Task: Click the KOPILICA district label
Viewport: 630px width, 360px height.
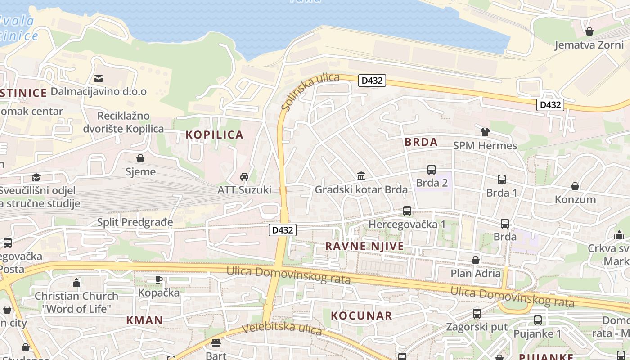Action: (x=215, y=135)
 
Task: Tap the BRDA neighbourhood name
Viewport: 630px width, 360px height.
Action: (x=421, y=142)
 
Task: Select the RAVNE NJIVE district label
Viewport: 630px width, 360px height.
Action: (x=364, y=246)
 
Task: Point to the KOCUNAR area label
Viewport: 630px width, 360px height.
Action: (x=362, y=315)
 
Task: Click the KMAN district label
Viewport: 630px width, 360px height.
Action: (x=144, y=320)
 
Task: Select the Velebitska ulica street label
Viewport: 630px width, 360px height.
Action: (x=282, y=328)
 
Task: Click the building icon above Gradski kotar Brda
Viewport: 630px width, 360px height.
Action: (x=361, y=176)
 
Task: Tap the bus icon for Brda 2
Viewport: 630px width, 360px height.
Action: (x=432, y=170)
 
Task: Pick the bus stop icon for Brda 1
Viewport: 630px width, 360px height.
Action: (x=502, y=180)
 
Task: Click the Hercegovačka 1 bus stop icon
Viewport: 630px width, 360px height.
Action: (x=407, y=211)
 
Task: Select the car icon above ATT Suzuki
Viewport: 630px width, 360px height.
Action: (x=244, y=176)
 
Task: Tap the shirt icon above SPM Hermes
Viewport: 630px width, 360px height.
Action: (x=485, y=132)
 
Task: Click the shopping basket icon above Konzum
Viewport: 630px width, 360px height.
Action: (x=575, y=186)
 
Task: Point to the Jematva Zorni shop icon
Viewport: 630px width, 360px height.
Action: (x=589, y=31)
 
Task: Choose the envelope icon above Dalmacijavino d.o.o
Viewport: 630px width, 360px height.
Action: (x=99, y=78)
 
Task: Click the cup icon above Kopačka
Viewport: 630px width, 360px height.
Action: (x=159, y=279)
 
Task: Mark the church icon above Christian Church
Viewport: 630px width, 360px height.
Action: (x=76, y=283)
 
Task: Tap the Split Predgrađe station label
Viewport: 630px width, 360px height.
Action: (x=135, y=222)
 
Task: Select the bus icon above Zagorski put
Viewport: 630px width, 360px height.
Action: (x=477, y=314)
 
